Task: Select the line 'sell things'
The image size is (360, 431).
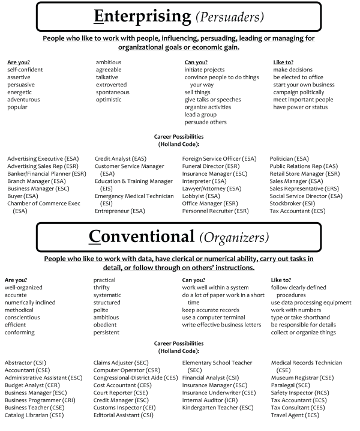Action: [197, 92]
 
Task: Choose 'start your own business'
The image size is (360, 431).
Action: [303, 85]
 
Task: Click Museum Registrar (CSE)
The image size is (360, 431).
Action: [302, 378]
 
